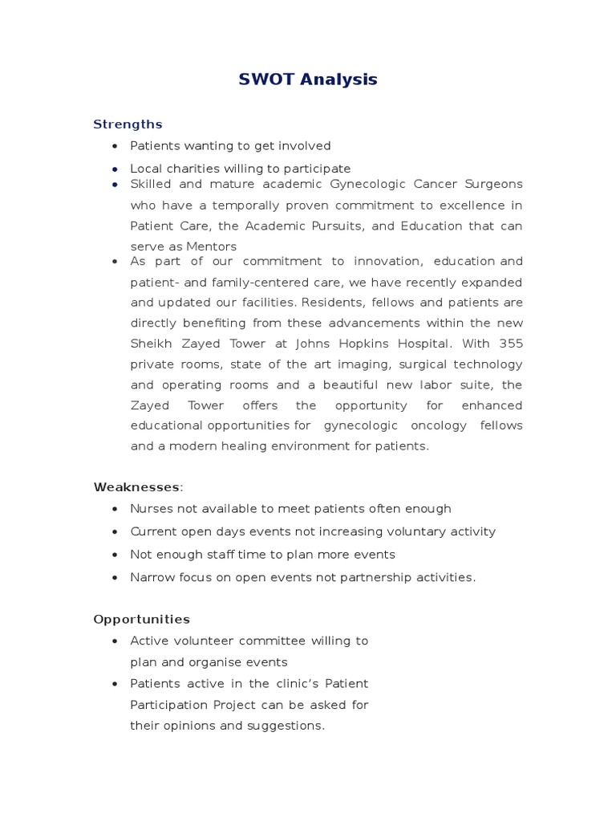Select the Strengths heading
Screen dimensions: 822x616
tap(128, 124)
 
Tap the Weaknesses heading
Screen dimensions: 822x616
tap(136, 486)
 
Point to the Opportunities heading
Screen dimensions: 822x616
tap(141, 620)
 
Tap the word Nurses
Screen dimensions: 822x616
tap(152, 508)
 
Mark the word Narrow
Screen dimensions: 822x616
tap(152, 577)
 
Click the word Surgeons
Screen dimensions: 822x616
tap(493, 184)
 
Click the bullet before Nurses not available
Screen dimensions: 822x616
tap(115, 509)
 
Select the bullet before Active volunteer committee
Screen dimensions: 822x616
tap(115, 641)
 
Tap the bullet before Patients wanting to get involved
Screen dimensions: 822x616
tap(115, 146)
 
